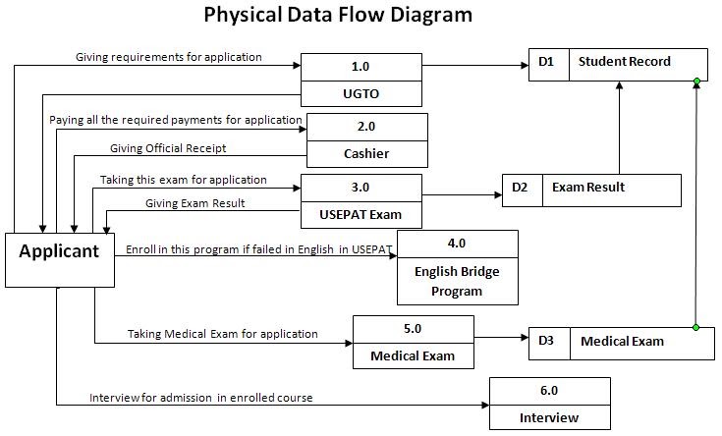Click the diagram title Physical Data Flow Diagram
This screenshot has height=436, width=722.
(x=337, y=15)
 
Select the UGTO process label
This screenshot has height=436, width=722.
(x=361, y=93)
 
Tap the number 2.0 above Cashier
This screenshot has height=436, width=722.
(x=366, y=127)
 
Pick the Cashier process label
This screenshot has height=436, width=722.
(x=366, y=153)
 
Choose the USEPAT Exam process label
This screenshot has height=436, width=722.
(x=361, y=214)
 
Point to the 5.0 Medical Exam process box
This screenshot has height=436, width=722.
(x=413, y=342)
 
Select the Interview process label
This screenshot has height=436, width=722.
(x=549, y=417)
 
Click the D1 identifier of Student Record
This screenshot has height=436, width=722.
(x=547, y=62)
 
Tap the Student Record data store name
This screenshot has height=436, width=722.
(x=625, y=62)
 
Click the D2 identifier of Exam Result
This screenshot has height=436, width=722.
(x=521, y=188)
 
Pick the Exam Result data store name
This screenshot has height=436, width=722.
(x=588, y=188)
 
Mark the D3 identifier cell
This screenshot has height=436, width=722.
(x=547, y=342)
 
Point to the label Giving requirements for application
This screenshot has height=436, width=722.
(x=169, y=57)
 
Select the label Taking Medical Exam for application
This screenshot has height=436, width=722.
(x=223, y=334)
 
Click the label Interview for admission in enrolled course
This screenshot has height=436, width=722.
(x=201, y=398)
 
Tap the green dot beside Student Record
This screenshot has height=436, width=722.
(x=696, y=81)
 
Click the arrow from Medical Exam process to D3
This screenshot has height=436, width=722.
(x=501, y=340)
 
